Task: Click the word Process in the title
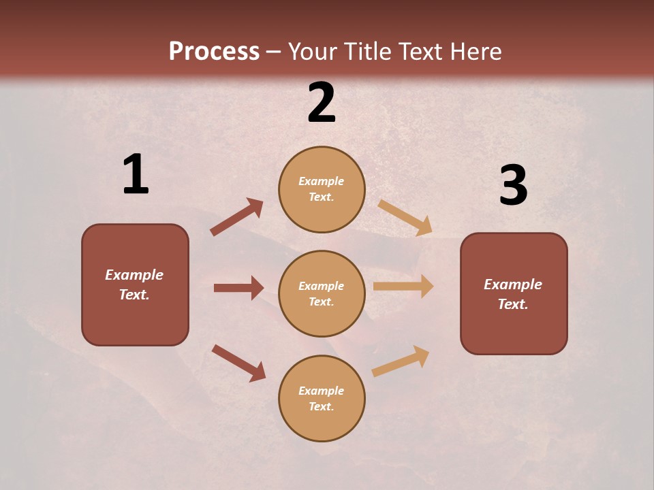point(214,51)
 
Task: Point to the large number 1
point(136,175)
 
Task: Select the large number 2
point(322,103)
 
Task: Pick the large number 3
point(513,185)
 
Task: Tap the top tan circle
point(322,189)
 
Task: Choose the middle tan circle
point(322,293)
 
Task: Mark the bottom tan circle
point(322,398)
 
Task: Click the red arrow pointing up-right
point(237,217)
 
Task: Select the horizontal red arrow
point(238,288)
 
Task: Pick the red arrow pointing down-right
point(238,363)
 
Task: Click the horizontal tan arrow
point(403,287)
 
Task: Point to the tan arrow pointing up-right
point(401,361)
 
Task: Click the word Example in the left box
point(134,275)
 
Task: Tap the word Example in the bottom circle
point(322,391)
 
